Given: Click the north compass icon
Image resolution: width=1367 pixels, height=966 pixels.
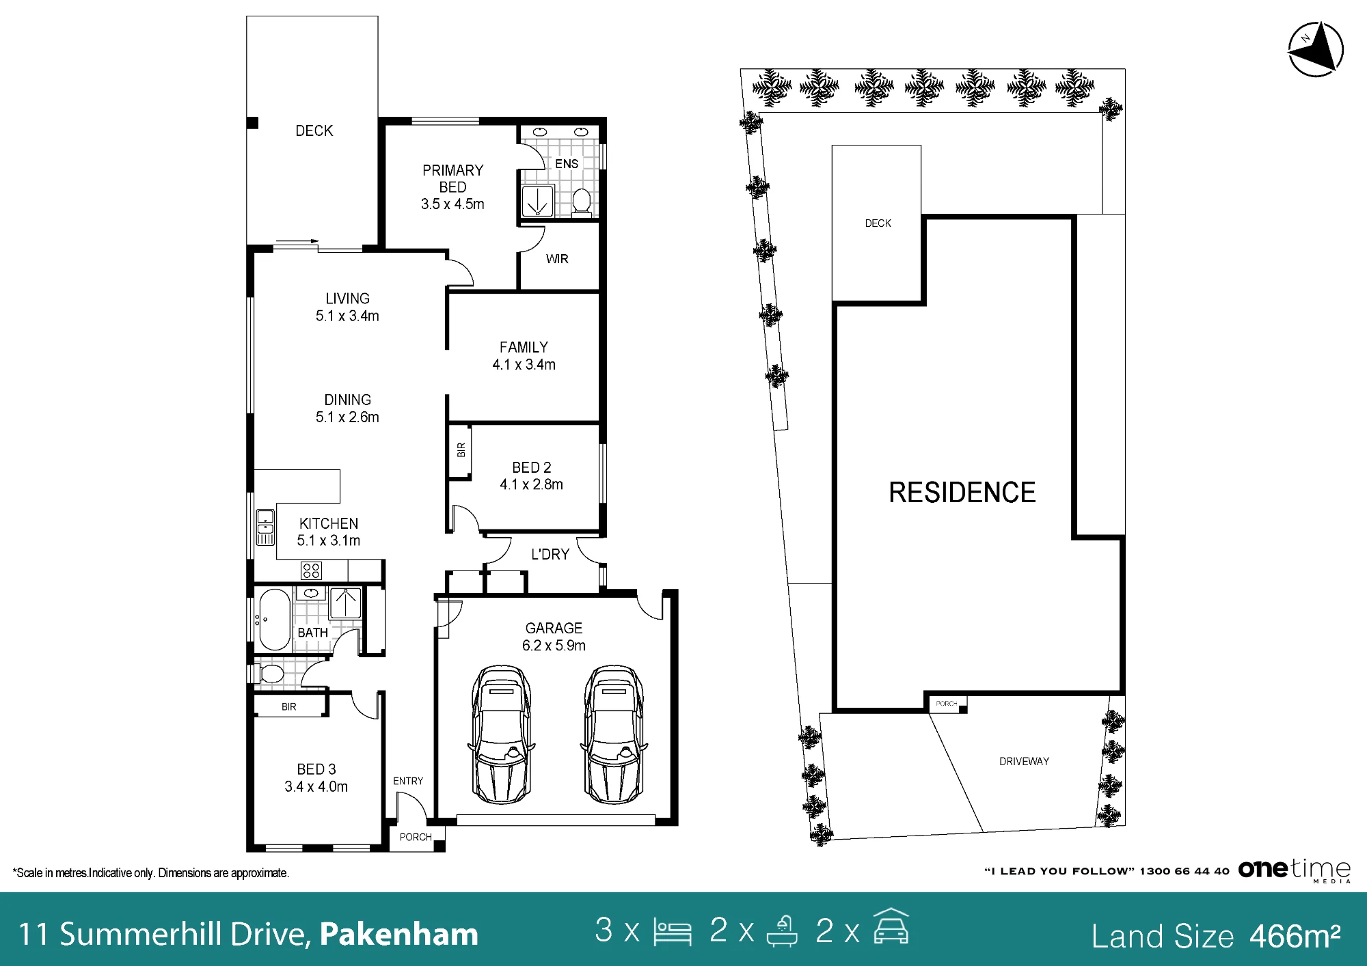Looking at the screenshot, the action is point(1316,49).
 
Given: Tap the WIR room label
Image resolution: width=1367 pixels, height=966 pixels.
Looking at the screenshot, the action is point(557,259).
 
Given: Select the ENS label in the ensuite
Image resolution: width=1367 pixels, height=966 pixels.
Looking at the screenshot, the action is point(567,164).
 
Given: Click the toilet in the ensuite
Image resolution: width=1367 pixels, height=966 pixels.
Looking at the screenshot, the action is point(582,202).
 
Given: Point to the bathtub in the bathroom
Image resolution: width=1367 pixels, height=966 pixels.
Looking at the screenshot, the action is point(275,619).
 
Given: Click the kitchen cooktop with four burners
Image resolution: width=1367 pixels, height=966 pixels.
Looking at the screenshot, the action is point(311,570).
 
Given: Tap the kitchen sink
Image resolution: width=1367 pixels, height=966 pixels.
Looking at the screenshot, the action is point(265,527).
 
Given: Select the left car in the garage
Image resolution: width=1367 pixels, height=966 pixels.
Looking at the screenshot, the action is point(501,734).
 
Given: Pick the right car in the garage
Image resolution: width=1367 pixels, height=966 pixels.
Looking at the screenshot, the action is point(614,734).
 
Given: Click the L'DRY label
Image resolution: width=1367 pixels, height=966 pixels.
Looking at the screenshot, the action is point(550,554).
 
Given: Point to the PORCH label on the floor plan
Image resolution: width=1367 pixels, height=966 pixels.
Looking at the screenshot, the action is point(416,837).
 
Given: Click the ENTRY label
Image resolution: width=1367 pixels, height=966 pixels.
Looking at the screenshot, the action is point(408,781).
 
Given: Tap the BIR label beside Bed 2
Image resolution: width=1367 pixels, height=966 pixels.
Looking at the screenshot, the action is point(461,450).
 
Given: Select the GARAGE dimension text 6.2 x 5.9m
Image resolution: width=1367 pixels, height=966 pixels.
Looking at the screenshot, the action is point(554,646).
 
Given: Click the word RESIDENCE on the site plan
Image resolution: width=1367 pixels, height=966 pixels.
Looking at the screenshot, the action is point(962,493).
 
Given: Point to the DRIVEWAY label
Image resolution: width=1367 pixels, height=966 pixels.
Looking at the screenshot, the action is point(1024,762).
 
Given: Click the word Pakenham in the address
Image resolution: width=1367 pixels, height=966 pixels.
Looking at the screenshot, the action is point(399,935).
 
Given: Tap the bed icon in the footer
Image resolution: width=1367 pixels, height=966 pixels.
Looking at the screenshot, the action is point(673,931).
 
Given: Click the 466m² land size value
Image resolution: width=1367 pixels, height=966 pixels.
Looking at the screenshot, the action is point(1295,936).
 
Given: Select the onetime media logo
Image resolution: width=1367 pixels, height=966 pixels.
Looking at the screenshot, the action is point(1295,870).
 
